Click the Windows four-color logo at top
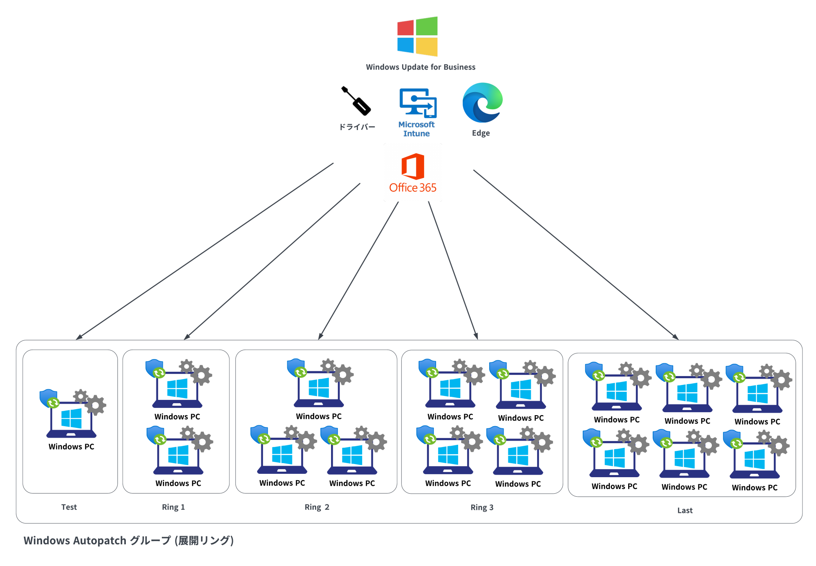[417, 37]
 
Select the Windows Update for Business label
[420, 67]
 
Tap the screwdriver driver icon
[356, 101]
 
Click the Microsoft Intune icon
[418, 103]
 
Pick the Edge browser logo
[482, 103]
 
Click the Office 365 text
[413, 188]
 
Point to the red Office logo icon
[413, 166]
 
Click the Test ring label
[69, 507]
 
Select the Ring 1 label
[173, 507]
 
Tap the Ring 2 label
[317, 507]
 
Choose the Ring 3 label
[482, 507]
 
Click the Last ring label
[685, 510]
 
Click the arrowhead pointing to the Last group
[676, 337]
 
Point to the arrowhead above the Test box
[78, 338]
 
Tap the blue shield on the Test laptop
[48, 398]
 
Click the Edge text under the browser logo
[481, 133]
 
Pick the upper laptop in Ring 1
[177, 389]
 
